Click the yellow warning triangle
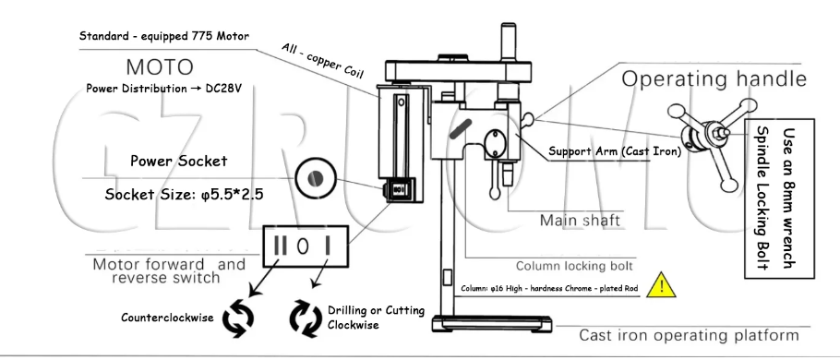pyautogui.click(x=661, y=285)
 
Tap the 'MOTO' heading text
pyautogui.click(x=160, y=67)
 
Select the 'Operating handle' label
pyautogui.click(x=714, y=78)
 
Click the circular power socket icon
pyautogui.click(x=316, y=178)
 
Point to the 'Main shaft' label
pyautogui.click(x=580, y=221)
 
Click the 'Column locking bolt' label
pyautogui.click(x=574, y=266)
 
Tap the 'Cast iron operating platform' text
pyautogui.click(x=689, y=335)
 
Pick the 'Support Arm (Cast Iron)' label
pyautogui.click(x=615, y=151)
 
